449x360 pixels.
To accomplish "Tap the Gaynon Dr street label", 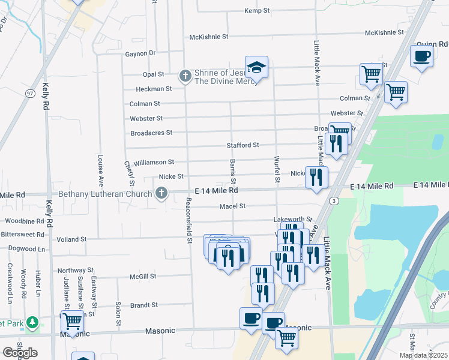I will [x=140, y=53].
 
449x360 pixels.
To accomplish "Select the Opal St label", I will [x=153, y=74].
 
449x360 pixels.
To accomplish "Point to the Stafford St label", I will [x=243, y=145].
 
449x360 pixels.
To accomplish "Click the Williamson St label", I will [x=154, y=162].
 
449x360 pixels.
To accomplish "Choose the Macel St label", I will [x=233, y=206].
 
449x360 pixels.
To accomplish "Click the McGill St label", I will [x=143, y=277].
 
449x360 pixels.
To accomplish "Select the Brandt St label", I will [x=143, y=305].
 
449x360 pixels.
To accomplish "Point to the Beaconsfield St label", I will [x=188, y=220].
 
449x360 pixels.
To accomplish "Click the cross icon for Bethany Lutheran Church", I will [x=161, y=193].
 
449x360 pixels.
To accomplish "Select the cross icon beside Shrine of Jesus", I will [x=185, y=76].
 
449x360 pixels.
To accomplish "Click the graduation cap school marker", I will [x=256, y=68].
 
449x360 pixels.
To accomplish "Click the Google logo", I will [x=20, y=352].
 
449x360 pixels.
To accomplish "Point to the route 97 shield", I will [x=29, y=93].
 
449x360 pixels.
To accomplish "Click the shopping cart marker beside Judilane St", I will [x=72, y=320].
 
